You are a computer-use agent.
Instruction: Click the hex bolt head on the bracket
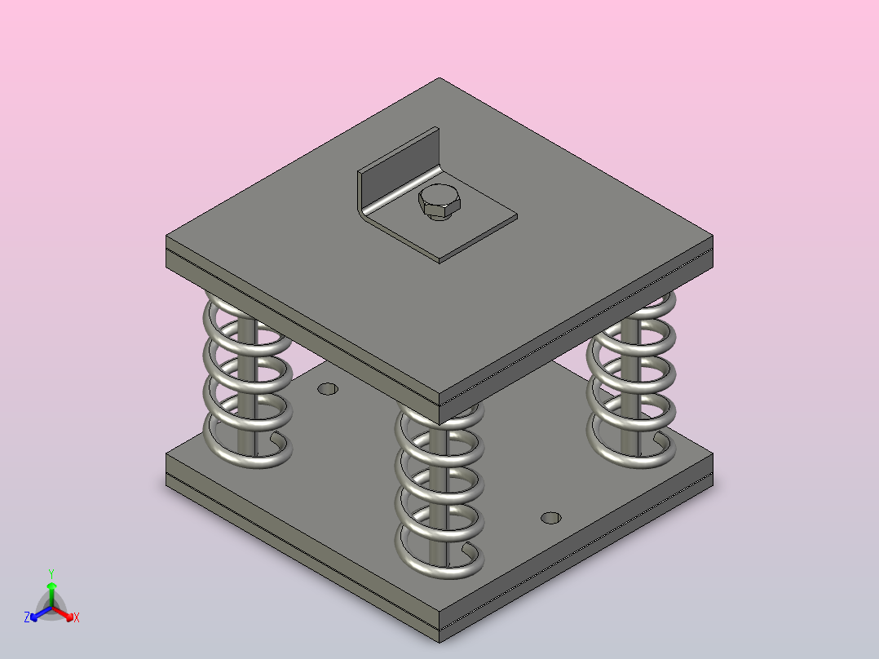(439, 202)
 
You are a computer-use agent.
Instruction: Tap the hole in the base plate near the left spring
(328, 389)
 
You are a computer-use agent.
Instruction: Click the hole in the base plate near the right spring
(551, 518)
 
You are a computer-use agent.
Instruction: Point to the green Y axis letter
(51, 573)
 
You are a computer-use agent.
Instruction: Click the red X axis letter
(77, 617)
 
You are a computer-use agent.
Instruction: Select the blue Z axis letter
(27, 617)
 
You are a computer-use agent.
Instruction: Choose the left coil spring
(247, 382)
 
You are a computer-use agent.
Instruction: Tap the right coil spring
(631, 382)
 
